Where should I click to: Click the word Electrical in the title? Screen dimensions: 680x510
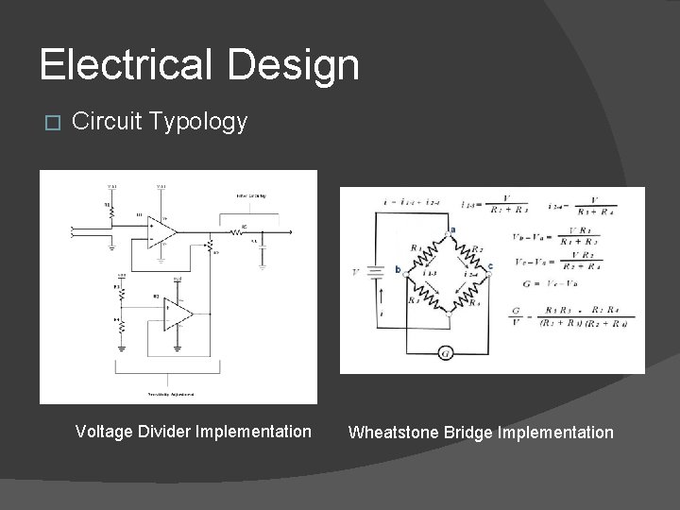coord(121,65)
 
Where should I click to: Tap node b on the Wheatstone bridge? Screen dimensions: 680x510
coord(399,269)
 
